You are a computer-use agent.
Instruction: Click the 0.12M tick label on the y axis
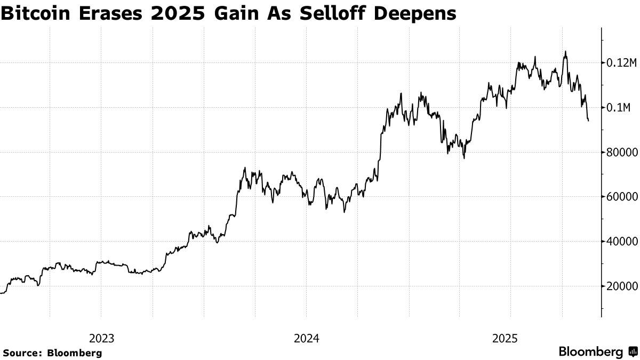(622, 63)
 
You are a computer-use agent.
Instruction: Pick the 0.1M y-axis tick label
(619, 108)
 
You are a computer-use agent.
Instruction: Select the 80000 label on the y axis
(621, 153)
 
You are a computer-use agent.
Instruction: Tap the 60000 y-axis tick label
(621, 197)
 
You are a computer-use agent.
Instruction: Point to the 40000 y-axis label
(621, 242)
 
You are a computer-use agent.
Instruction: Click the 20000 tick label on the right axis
(621, 286)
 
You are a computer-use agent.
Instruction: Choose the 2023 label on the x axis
(101, 338)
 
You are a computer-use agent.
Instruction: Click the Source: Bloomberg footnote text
(52, 353)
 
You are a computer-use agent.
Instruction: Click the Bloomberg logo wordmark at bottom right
(590, 352)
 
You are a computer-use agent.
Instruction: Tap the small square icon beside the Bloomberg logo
(633, 352)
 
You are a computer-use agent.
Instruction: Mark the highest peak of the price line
(565, 52)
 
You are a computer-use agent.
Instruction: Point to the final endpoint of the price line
(588, 121)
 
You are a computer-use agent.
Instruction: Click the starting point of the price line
(1, 293)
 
